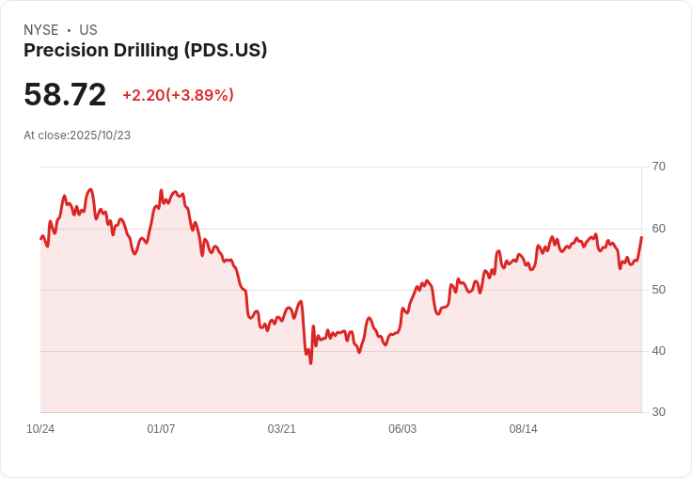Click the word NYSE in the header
40,30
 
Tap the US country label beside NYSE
88,30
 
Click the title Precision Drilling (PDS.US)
145,51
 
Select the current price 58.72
65,95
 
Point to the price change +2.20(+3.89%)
178,95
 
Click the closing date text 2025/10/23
101,135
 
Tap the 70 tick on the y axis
658,167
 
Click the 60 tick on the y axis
658,229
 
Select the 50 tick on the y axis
658,290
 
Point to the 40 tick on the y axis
658,351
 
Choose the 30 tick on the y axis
658,412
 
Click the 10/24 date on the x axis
40,429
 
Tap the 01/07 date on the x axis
161,429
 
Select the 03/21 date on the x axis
281,429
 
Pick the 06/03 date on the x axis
402,429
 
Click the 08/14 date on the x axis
523,429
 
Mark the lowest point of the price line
310,363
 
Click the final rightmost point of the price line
641,237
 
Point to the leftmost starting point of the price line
40,238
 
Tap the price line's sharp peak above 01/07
161,191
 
